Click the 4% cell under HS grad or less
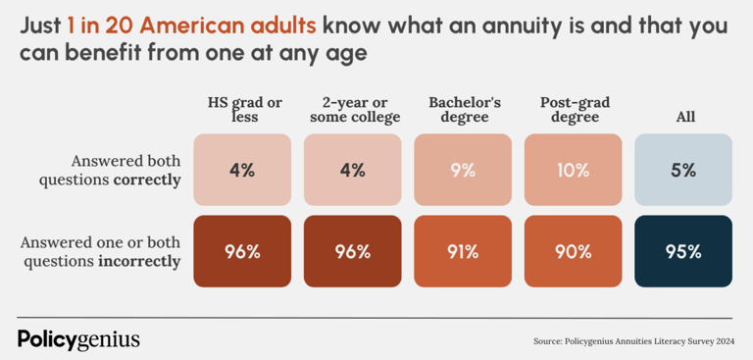(x=242, y=170)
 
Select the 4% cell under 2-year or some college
(x=352, y=170)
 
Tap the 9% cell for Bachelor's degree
(x=463, y=170)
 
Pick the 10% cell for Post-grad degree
(x=573, y=170)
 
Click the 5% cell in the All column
(x=683, y=170)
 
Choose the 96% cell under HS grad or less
(x=242, y=251)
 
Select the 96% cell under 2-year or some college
(x=352, y=251)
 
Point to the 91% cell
(x=463, y=251)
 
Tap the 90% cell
(x=573, y=251)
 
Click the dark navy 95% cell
(x=683, y=251)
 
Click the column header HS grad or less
(x=245, y=110)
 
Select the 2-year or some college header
(x=355, y=110)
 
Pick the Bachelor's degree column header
(x=465, y=110)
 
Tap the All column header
(x=685, y=117)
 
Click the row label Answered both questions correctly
(x=125, y=170)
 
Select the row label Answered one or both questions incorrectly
(x=102, y=251)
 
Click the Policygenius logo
(x=78, y=339)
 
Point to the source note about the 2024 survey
(x=632, y=341)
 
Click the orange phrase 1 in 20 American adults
(x=191, y=26)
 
